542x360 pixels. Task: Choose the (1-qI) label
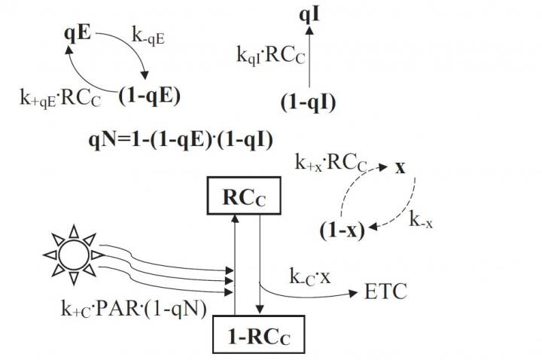(x=308, y=104)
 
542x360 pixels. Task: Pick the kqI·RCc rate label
(x=270, y=56)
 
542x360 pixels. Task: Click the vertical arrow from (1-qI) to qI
(x=309, y=56)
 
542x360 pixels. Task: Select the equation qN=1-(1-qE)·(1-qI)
(x=180, y=139)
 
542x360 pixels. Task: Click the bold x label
(x=401, y=166)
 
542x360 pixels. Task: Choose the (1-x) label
(x=336, y=230)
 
